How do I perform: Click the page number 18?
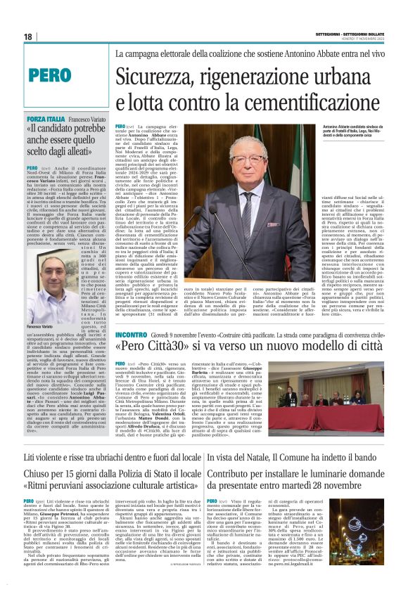(27, 37)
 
